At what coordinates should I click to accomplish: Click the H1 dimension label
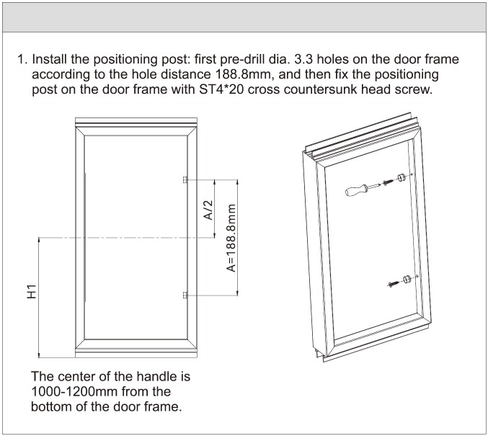coord(32,291)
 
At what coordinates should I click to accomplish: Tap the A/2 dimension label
coord(208,210)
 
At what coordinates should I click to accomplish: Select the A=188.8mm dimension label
coord(231,238)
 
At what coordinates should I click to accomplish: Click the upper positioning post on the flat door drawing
coord(185,179)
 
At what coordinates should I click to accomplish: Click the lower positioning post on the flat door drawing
coord(185,295)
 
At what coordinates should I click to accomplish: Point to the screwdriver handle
coord(356,190)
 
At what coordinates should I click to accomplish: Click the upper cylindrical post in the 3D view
coord(401,177)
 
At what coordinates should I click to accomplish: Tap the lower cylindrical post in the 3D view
coord(407,279)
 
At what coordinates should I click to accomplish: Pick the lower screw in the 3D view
coord(394,283)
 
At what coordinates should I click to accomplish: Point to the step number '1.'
coord(23,59)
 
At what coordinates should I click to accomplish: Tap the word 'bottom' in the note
coord(51,406)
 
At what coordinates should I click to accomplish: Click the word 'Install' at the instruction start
coord(50,59)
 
